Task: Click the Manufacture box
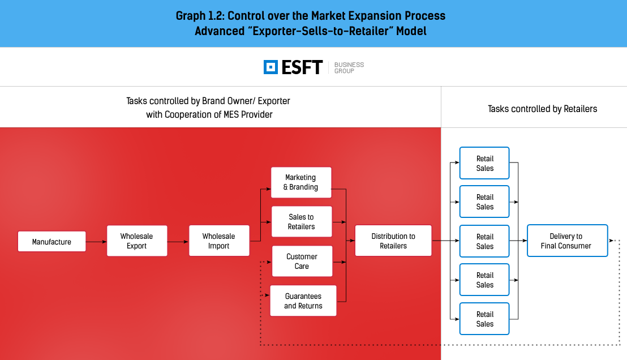[51, 241]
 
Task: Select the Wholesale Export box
[137, 241]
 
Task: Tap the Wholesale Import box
[219, 241]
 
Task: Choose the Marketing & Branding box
[301, 182]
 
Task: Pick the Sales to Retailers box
[302, 221]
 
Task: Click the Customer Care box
[302, 261]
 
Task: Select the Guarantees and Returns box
[303, 301]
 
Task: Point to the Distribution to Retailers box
[393, 241]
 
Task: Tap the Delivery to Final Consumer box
[568, 241]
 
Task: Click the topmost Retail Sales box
[484, 163]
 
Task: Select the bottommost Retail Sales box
[484, 319]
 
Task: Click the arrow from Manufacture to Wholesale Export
[96, 242]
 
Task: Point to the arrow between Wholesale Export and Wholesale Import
[178, 242]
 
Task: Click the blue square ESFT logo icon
[270, 67]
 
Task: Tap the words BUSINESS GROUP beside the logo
[349, 67]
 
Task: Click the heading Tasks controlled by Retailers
[542, 109]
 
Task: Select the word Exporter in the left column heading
[274, 101]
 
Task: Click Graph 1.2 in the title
[200, 16]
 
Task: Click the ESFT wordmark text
[302, 67]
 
